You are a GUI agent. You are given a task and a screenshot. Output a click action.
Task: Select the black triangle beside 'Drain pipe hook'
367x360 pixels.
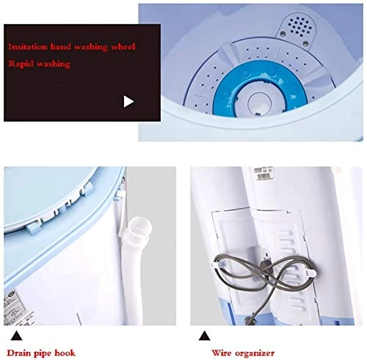click(x=14, y=337)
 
